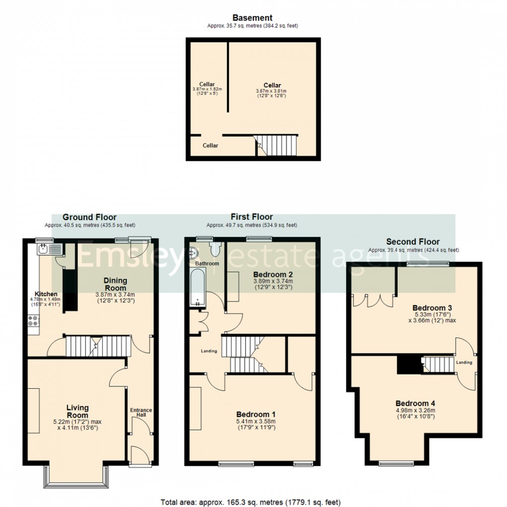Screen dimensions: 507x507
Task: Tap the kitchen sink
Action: [48, 249]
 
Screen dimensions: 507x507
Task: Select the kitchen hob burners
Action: [34, 323]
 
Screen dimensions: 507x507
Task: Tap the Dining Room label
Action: [115, 284]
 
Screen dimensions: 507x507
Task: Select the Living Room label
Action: [77, 412]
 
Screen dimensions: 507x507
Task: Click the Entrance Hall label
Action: [141, 413]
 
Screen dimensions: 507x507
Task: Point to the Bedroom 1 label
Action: [255, 415]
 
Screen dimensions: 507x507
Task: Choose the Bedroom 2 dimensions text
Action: [272, 284]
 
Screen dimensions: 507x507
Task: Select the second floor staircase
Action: [437, 364]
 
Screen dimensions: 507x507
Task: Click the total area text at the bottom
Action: [251, 502]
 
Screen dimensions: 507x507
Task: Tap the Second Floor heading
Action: [413, 242]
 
